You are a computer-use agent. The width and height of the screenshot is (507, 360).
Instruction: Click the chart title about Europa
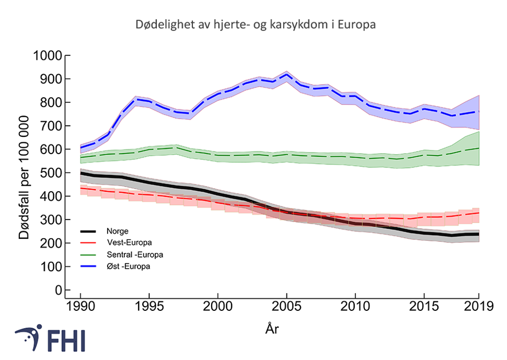pos(256,25)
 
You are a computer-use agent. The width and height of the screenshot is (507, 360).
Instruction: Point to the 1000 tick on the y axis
pos(48,56)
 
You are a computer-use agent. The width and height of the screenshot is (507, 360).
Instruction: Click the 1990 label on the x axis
pos(80,305)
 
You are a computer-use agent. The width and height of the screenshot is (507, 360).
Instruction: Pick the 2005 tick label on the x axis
pos(286,305)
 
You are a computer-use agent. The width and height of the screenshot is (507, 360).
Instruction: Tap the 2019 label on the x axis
pos(478,305)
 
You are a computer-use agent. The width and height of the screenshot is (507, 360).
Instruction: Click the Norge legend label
pos(117,230)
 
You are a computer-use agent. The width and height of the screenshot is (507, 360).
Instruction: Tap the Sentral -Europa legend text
pos(134,254)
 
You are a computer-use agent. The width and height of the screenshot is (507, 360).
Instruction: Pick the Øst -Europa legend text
pos(128,266)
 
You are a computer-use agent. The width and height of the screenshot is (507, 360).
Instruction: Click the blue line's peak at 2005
pos(286,74)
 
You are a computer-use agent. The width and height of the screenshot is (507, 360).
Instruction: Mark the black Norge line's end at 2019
pos(478,234)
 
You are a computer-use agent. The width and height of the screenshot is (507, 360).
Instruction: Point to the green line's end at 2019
pos(478,148)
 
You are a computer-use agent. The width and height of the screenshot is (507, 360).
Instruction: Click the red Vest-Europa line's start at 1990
pos(80,188)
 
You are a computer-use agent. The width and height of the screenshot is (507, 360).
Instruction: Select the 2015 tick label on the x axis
pos(423,305)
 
